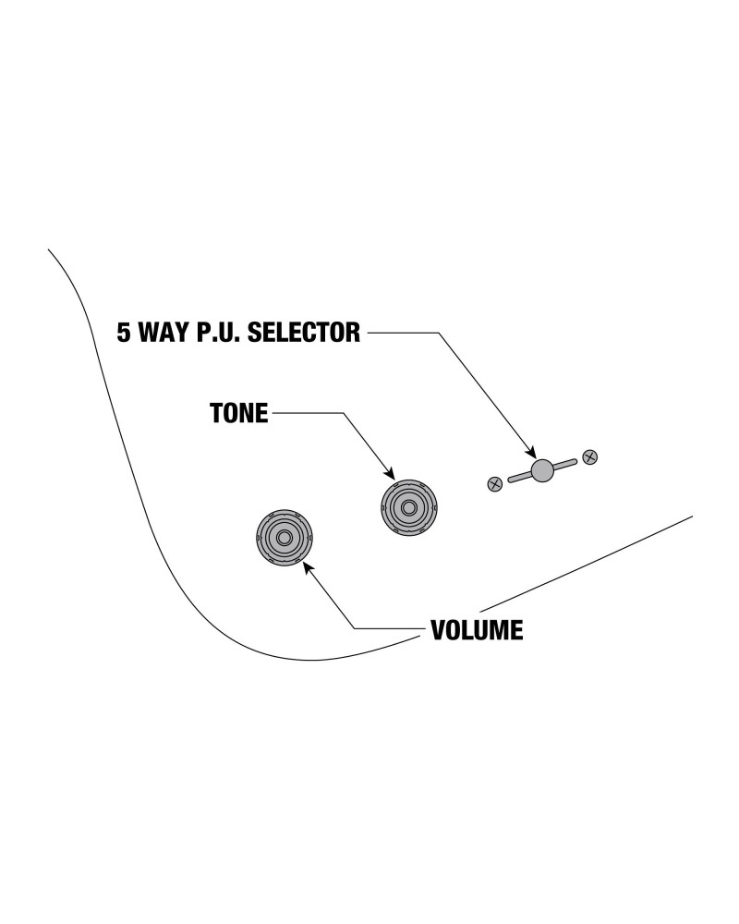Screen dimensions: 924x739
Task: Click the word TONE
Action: tap(238, 414)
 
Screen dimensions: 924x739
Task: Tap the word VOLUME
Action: tap(477, 631)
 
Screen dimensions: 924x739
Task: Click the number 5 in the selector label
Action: tap(123, 333)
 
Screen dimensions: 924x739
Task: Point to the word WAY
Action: tap(163, 333)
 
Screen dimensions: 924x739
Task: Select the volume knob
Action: tap(284, 538)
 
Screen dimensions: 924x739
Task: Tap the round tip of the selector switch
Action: tap(542, 470)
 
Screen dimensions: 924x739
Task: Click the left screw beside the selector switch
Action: tap(494, 482)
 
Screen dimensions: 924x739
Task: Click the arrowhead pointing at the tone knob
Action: tap(392, 475)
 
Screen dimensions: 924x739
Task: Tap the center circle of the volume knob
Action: tap(284, 538)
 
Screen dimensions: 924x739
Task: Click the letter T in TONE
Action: tap(216, 414)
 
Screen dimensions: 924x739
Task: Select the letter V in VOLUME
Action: tap(439, 631)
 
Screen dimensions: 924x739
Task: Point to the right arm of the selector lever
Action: tap(564, 464)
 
